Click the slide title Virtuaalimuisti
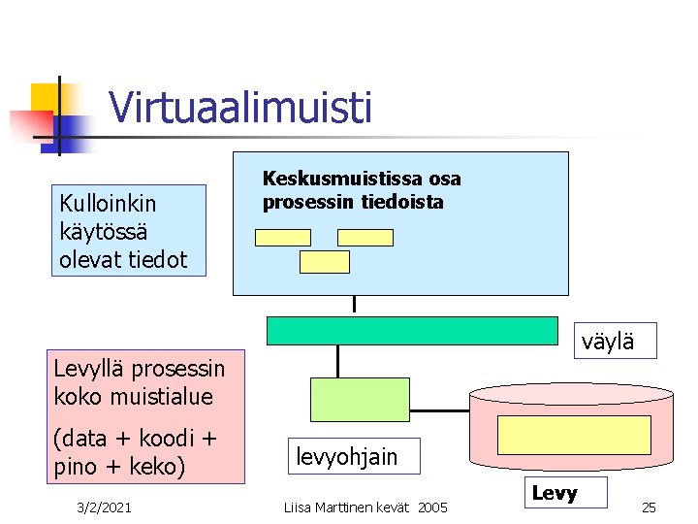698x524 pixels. coord(240,108)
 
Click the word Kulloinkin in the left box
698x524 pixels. coord(108,204)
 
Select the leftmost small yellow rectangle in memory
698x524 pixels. coord(282,237)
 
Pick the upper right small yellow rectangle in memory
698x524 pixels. coord(365,237)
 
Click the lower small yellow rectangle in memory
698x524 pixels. coord(324,261)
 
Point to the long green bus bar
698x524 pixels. coord(412,331)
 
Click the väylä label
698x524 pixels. coord(608,341)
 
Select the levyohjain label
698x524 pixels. coord(346,457)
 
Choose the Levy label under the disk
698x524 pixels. coord(555,493)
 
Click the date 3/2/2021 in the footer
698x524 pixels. coord(107,507)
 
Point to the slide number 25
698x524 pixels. coord(650,507)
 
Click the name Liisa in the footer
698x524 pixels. coord(297,507)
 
